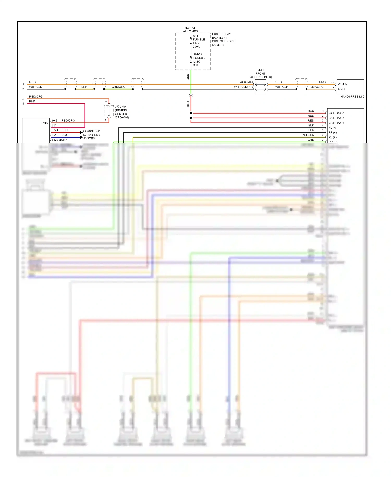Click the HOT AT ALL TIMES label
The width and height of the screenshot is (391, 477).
pos(190,29)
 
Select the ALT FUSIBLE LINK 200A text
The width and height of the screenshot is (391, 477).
pos(199,41)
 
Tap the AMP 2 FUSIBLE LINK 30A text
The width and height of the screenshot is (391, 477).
pos(199,60)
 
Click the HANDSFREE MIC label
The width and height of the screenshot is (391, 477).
pos(352,97)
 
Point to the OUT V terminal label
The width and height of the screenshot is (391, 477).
pos(343,84)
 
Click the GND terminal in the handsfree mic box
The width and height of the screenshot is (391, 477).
pos(341,89)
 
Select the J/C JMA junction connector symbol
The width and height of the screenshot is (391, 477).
pos(109,111)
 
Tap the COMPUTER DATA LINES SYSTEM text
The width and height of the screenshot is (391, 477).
pos(91,135)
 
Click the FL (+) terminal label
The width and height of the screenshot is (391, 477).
pos(332,128)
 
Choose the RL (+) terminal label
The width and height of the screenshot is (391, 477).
pos(332,138)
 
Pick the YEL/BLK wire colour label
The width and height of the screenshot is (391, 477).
pos(308,135)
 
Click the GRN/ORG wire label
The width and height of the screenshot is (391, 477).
pos(118,87)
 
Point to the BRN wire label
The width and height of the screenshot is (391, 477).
pos(84,87)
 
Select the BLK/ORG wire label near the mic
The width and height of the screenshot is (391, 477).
pos(317,87)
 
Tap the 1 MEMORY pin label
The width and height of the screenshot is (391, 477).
pos(59,140)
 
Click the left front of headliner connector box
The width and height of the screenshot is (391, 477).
pos(260,87)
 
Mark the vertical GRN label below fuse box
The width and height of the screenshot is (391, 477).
pos(188,77)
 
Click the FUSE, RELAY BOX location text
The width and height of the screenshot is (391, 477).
pos(223,39)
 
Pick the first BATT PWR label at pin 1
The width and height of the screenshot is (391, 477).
pos(336,113)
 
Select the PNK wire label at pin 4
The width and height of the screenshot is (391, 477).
pos(32,102)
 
